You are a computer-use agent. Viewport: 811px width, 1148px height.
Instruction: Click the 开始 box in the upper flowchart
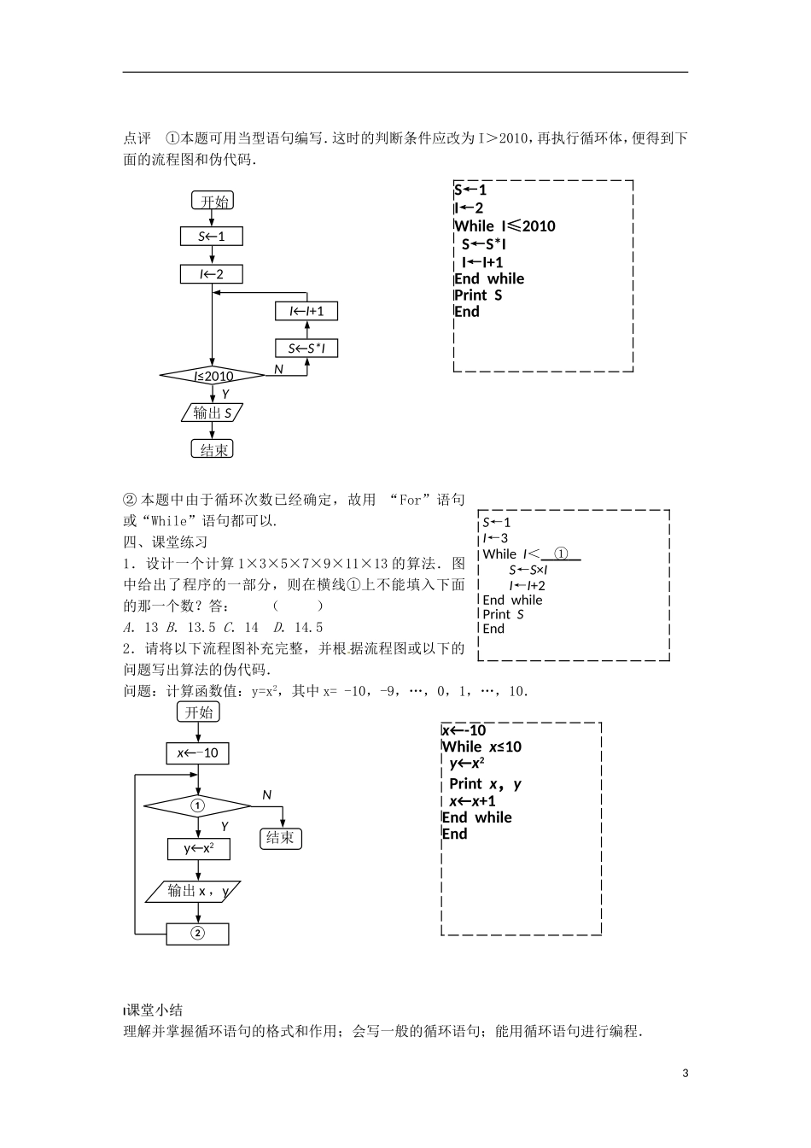213,201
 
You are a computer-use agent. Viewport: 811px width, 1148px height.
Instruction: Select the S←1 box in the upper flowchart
212,236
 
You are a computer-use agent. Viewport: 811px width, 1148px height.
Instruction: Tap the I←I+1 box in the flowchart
306,311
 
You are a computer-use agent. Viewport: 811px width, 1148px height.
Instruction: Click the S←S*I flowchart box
306,348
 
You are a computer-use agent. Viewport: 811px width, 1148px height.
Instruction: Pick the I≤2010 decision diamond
213,376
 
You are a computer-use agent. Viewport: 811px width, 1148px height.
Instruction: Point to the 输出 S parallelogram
213,413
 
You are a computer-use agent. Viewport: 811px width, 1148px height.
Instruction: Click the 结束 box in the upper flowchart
213,449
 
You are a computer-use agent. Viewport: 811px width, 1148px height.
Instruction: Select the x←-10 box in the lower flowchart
198,753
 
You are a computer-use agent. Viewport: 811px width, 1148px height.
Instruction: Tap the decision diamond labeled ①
198,805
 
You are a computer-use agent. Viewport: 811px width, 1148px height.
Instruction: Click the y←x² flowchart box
198,848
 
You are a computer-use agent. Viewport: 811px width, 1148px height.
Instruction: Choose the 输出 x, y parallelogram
198,891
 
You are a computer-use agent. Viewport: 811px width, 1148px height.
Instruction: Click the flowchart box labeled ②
198,933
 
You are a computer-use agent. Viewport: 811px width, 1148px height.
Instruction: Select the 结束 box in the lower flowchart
280,837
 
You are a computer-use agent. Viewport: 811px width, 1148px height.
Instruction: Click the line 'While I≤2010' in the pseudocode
505,225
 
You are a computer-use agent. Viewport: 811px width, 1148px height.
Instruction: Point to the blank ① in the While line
561,553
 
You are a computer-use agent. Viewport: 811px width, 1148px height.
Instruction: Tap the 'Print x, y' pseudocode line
485,783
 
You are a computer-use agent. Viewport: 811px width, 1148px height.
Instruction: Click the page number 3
685,1074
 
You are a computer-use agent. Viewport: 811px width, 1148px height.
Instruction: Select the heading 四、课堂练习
166,542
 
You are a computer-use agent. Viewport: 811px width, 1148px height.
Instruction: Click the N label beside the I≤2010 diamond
278,369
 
